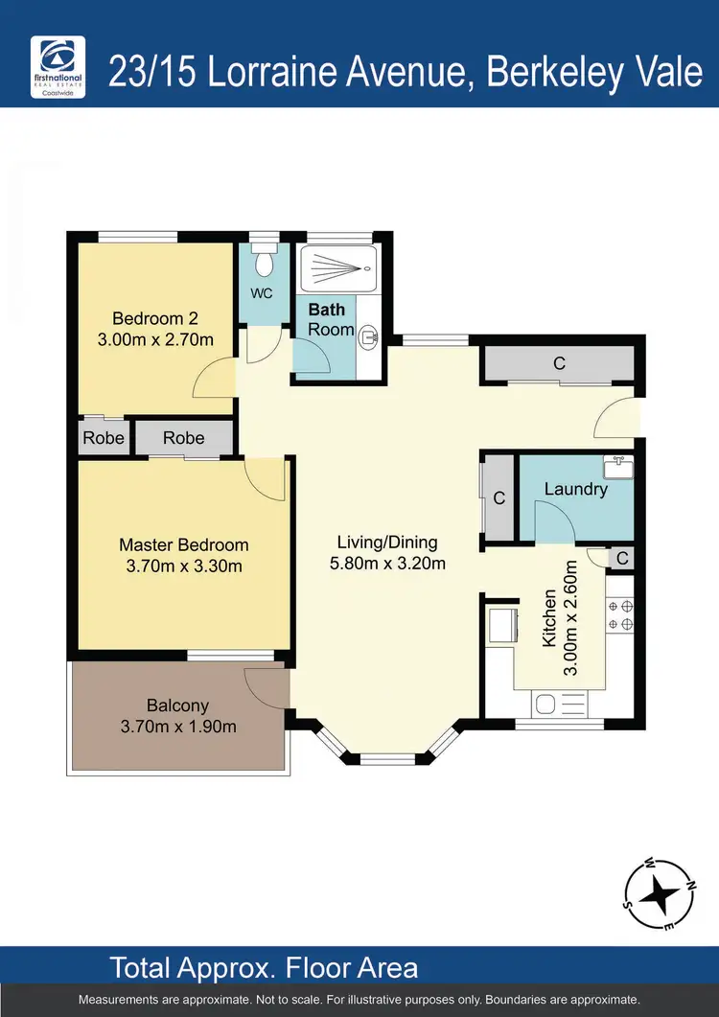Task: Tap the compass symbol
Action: point(660,894)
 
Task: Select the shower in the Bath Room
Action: point(337,268)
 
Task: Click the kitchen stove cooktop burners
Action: point(619,614)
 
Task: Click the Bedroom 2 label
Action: point(155,319)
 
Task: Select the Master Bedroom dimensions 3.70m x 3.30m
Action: point(184,566)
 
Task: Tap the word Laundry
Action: point(575,489)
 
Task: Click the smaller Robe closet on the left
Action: point(104,438)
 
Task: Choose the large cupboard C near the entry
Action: point(559,364)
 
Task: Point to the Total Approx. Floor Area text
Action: point(265,966)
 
